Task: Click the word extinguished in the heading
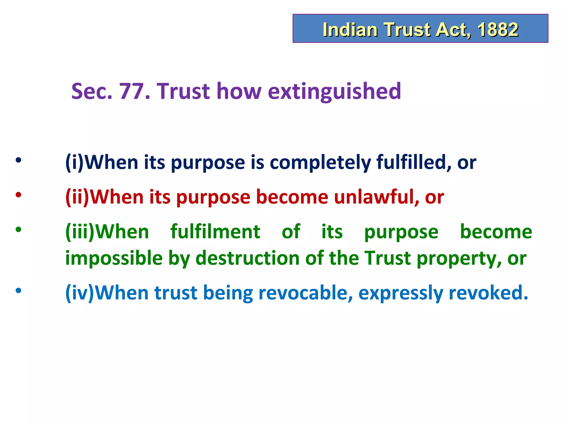[334, 92]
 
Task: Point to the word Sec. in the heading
[92, 91]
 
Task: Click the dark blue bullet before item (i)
[18, 160]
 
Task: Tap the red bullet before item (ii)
[18, 195]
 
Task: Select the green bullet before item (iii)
[18, 229]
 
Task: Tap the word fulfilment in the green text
[215, 232]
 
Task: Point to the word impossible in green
[114, 258]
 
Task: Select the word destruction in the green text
[248, 258]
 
